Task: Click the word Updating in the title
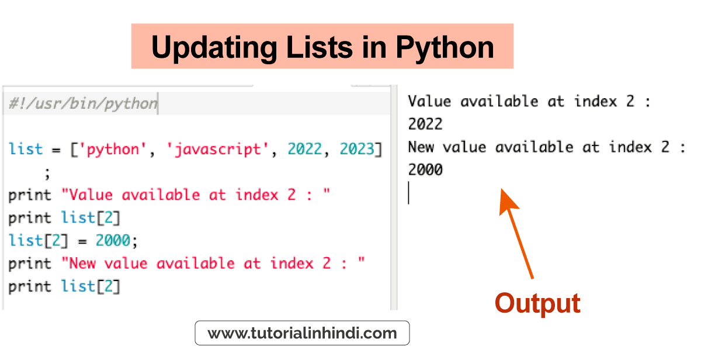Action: click(214, 47)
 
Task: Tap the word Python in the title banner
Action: click(445, 47)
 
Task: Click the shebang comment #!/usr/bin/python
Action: click(83, 103)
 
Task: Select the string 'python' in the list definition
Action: click(112, 150)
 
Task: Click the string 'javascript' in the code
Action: click(217, 150)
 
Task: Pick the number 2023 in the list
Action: click(357, 148)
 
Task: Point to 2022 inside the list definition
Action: click(304, 148)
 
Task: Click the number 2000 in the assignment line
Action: click(113, 240)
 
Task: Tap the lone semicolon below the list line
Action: click(47, 174)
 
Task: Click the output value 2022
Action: click(425, 124)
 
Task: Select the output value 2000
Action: click(425, 169)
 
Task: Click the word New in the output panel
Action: click(421, 147)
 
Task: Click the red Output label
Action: click(537, 303)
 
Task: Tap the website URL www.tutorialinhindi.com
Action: click(302, 333)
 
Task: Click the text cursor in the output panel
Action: click(409, 193)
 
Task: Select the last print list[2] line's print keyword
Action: click(30, 287)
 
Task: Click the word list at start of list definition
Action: click(25, 148)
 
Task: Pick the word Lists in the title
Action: click(320, 47)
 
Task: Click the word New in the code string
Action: click(82, 263)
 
